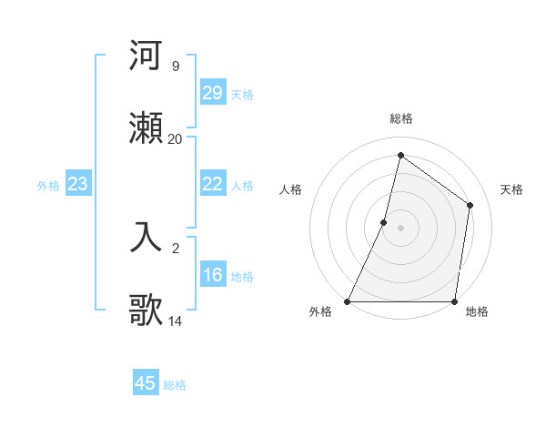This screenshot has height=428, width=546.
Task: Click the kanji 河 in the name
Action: pos(147,56)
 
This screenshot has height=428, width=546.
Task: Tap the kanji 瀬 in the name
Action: pos(147,128)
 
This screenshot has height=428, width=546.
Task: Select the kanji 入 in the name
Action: pos(147,237)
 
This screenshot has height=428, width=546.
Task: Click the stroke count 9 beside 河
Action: pos(175,66)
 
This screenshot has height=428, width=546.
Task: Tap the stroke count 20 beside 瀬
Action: pos(175,139)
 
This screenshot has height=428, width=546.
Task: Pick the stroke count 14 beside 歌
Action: pos(175,321)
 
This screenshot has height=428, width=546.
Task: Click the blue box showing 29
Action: pos(213,93)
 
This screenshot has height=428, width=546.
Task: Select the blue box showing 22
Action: pos(213,184)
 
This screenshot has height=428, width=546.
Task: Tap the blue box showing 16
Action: pos(213,275)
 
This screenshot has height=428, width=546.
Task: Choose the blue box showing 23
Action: pos(78,184)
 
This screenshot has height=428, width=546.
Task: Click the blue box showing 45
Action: pos(146,383)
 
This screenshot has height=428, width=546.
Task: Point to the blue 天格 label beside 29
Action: pos(242,94)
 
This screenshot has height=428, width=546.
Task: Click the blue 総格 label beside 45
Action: pos(175,385)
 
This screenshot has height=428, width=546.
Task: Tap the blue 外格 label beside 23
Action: pos(48,186)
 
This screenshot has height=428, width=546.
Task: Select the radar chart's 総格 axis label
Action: pos(400,118)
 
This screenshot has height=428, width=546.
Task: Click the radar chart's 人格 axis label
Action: pos(290,189)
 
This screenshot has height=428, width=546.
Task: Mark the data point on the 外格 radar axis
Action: pos(348,301)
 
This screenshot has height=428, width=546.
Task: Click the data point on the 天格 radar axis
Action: pos(470,205)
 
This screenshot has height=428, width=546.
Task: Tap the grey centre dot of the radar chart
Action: pos(400,228)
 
